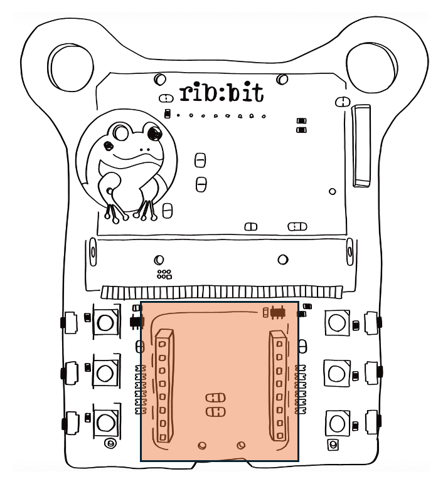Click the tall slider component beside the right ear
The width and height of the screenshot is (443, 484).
(x=361, y=145)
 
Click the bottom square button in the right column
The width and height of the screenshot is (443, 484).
(x=336, y=424)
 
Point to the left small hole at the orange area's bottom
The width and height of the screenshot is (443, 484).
(x=202, y=445)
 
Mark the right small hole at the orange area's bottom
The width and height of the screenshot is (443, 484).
(x=240, y=445)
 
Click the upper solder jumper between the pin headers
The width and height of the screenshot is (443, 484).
(x=215, y=397)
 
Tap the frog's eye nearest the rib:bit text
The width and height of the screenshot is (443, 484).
(x=151, y=132)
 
